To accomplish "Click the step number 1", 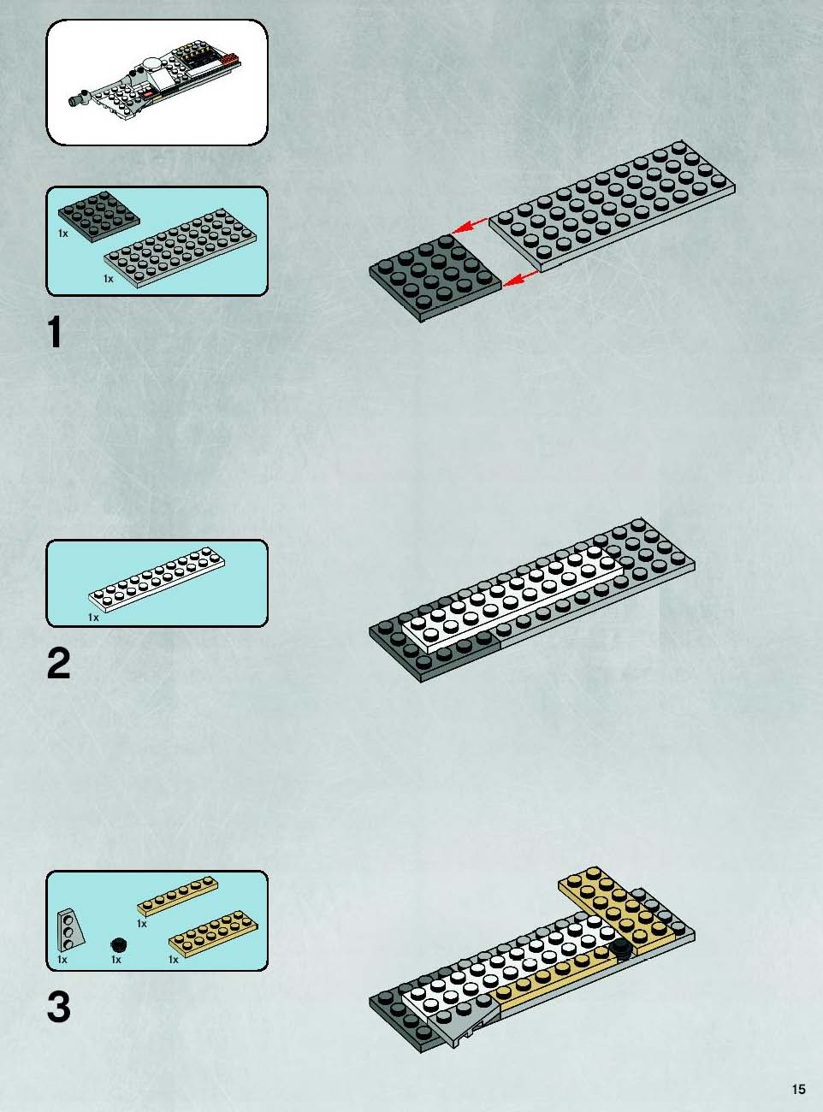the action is pyautogui.click(x=55, y=333).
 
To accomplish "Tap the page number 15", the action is pyautogui.click(x=799, y=1089).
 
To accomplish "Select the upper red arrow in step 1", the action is pyautogui.click(x=470, y=226).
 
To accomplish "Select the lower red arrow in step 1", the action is pyautogui.click(x=521, y=278).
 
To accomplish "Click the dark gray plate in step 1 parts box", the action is pyautogui.click(x=98, y=216).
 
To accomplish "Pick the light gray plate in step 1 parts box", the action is pyautogui.click(x=181, y=248).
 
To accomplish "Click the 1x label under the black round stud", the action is pyautogui.click(x=115, y=960).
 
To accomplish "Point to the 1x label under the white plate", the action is pyautogui.click(x=93, y=618).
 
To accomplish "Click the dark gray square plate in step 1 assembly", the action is pyautogui.click(x=435, y=278).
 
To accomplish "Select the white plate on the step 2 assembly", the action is pyautogui.click(x=512, y=600).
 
